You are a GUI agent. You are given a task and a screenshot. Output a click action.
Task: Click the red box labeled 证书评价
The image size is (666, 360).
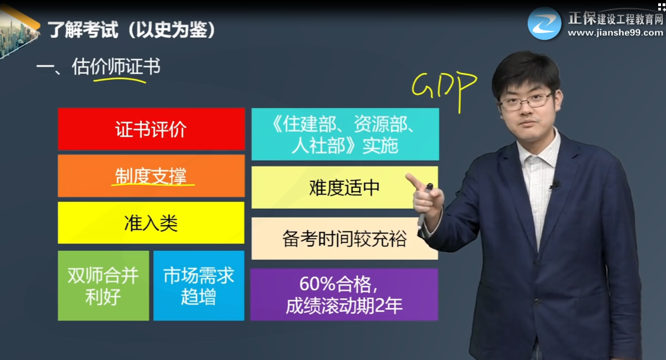[x=151, y=129]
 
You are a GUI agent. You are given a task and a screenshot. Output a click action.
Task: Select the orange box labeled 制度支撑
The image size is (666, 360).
[x=151, y=176]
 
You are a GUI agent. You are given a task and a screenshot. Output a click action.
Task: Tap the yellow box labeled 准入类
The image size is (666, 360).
[x=151, y=223]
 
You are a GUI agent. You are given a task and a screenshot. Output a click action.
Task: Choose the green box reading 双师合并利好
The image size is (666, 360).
[x=103, y=286]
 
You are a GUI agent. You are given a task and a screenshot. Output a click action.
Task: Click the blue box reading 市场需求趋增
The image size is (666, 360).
[x=199, y=286]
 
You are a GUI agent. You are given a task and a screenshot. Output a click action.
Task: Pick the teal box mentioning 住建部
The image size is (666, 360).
[x=345, y=134]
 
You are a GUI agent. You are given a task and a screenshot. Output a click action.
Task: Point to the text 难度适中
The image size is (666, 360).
[x=344, y=188]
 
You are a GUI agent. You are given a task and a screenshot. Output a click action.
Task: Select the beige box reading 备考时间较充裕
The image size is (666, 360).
[x=344, y=238]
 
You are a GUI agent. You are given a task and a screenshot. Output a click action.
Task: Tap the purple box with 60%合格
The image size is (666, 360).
[x=344, y=294]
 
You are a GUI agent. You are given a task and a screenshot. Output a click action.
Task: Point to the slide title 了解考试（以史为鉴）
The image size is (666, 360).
[x=131, y=30]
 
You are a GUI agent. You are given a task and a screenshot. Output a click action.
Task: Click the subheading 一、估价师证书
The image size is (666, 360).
[x=98, y=67]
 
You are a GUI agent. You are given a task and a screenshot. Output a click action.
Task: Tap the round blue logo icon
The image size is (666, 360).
[x=544, y=23]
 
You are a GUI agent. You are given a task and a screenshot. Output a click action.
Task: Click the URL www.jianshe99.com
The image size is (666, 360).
[x=615, y=33]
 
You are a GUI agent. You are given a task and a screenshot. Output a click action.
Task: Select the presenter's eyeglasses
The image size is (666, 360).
[x=526, y=101]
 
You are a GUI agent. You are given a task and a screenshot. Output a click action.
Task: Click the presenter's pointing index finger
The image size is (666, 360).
[x=414, y=182]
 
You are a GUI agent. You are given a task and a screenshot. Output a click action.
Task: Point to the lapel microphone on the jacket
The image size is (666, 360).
[x=555, y=185]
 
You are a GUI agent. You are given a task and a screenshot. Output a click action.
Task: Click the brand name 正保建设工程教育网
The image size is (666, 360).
[x=615, y=18]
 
